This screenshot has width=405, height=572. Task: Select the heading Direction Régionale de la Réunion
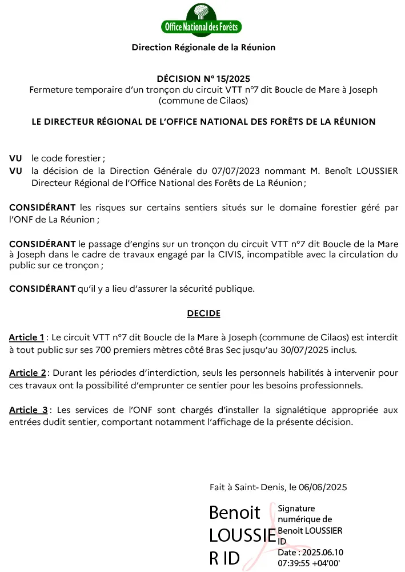[x=203, y=47]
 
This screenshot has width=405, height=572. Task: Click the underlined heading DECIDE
[x=203, y=313]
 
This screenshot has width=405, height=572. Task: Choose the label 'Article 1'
[x=26, y=337]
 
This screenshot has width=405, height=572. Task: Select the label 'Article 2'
[x=27, y=373]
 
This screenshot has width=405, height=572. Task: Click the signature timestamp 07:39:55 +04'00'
[x=309, y=562]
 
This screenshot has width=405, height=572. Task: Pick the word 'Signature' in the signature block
[x=296, y=508]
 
